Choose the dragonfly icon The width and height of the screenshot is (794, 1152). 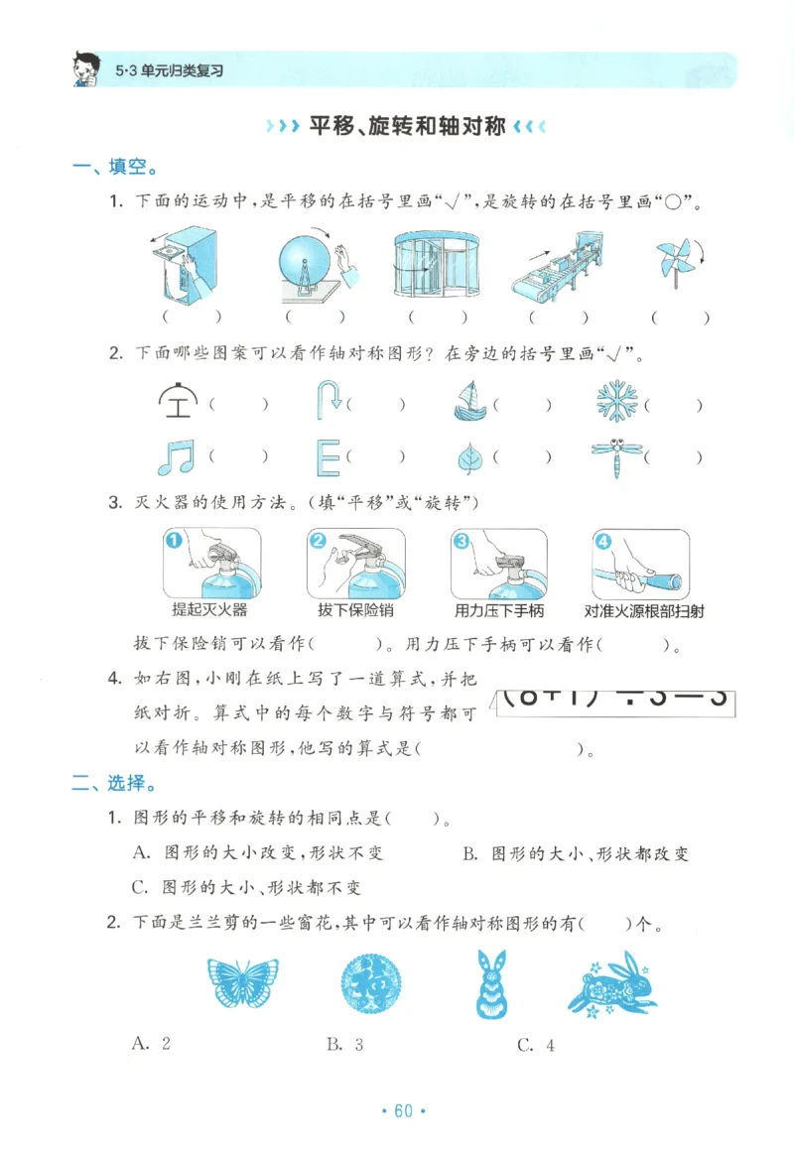pyautogui.click(x=615, y=457)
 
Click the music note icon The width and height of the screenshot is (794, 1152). pyautogui.click(x=176, y=456)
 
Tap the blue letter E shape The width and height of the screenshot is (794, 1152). pyautogui.click(x=328, y=457)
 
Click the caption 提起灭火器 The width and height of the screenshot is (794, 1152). pyautogui.click(x=209, y=610)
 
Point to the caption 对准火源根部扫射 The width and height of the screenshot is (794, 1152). pyautogui.click(x=644, y=610)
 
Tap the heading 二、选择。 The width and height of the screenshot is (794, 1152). pyautogui.click(x=114, y=784)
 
